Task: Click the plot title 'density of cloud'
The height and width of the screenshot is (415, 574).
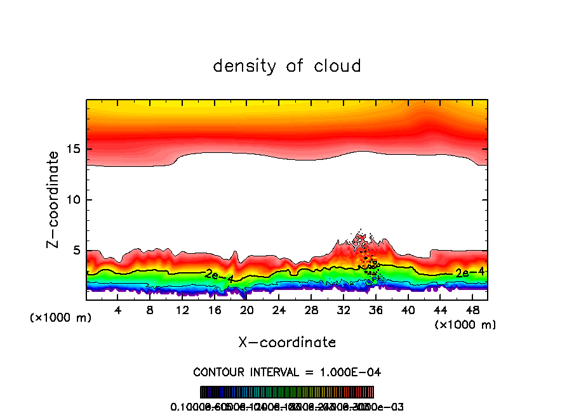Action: [287, 66]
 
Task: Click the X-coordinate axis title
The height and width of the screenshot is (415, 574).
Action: [287, 343]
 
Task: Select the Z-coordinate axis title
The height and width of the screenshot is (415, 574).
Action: [54, 199]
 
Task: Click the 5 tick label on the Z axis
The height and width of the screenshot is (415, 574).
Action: [75, 251]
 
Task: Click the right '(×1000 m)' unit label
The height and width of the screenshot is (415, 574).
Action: [465, 325]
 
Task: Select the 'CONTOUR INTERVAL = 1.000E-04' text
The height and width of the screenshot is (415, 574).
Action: [287, 371]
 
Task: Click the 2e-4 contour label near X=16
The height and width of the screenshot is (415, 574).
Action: [219, 275]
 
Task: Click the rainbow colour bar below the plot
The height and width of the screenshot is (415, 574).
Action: [287, 392]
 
